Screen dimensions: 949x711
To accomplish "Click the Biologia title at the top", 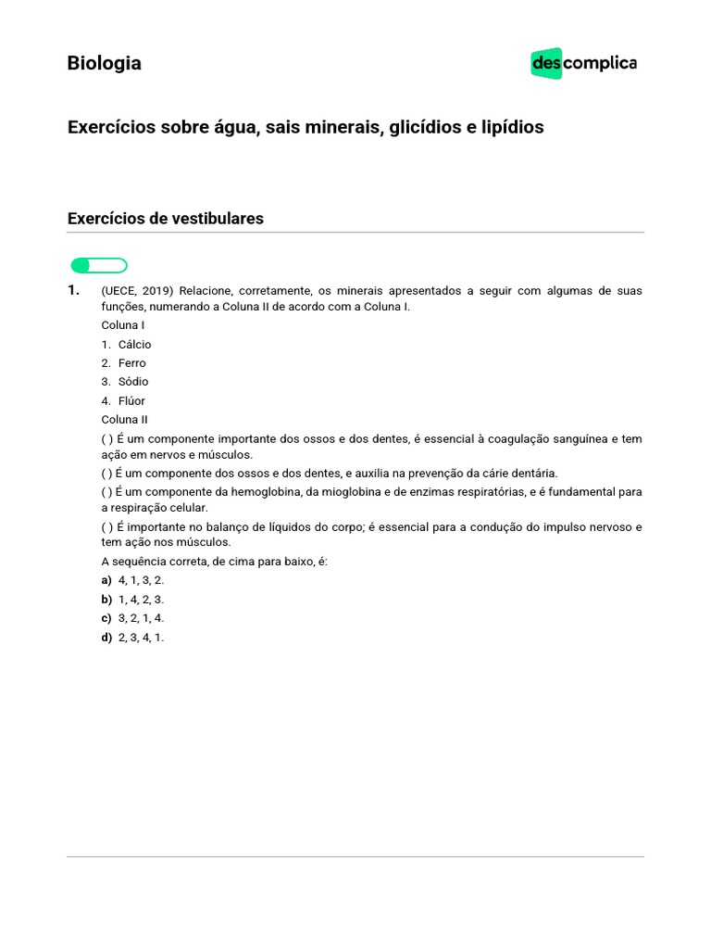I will (105, 63).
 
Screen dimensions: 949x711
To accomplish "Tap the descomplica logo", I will (583, 63).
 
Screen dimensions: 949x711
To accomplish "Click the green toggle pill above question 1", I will (98, 266).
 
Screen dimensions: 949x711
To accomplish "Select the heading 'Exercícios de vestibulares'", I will (166, 219).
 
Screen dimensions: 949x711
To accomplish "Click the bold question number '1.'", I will (74, 291).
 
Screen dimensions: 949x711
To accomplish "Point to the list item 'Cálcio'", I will (134, 345).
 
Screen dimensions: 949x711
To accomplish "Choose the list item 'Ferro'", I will (131, 363).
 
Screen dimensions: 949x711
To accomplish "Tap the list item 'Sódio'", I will (132, 382).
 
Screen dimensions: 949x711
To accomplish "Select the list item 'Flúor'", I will (131, 401).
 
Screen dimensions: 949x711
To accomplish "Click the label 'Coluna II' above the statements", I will (125, 420).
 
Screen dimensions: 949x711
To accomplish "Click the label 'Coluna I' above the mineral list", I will (123, 325).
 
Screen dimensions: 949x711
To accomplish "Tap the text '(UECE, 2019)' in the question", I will (137, 291).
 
